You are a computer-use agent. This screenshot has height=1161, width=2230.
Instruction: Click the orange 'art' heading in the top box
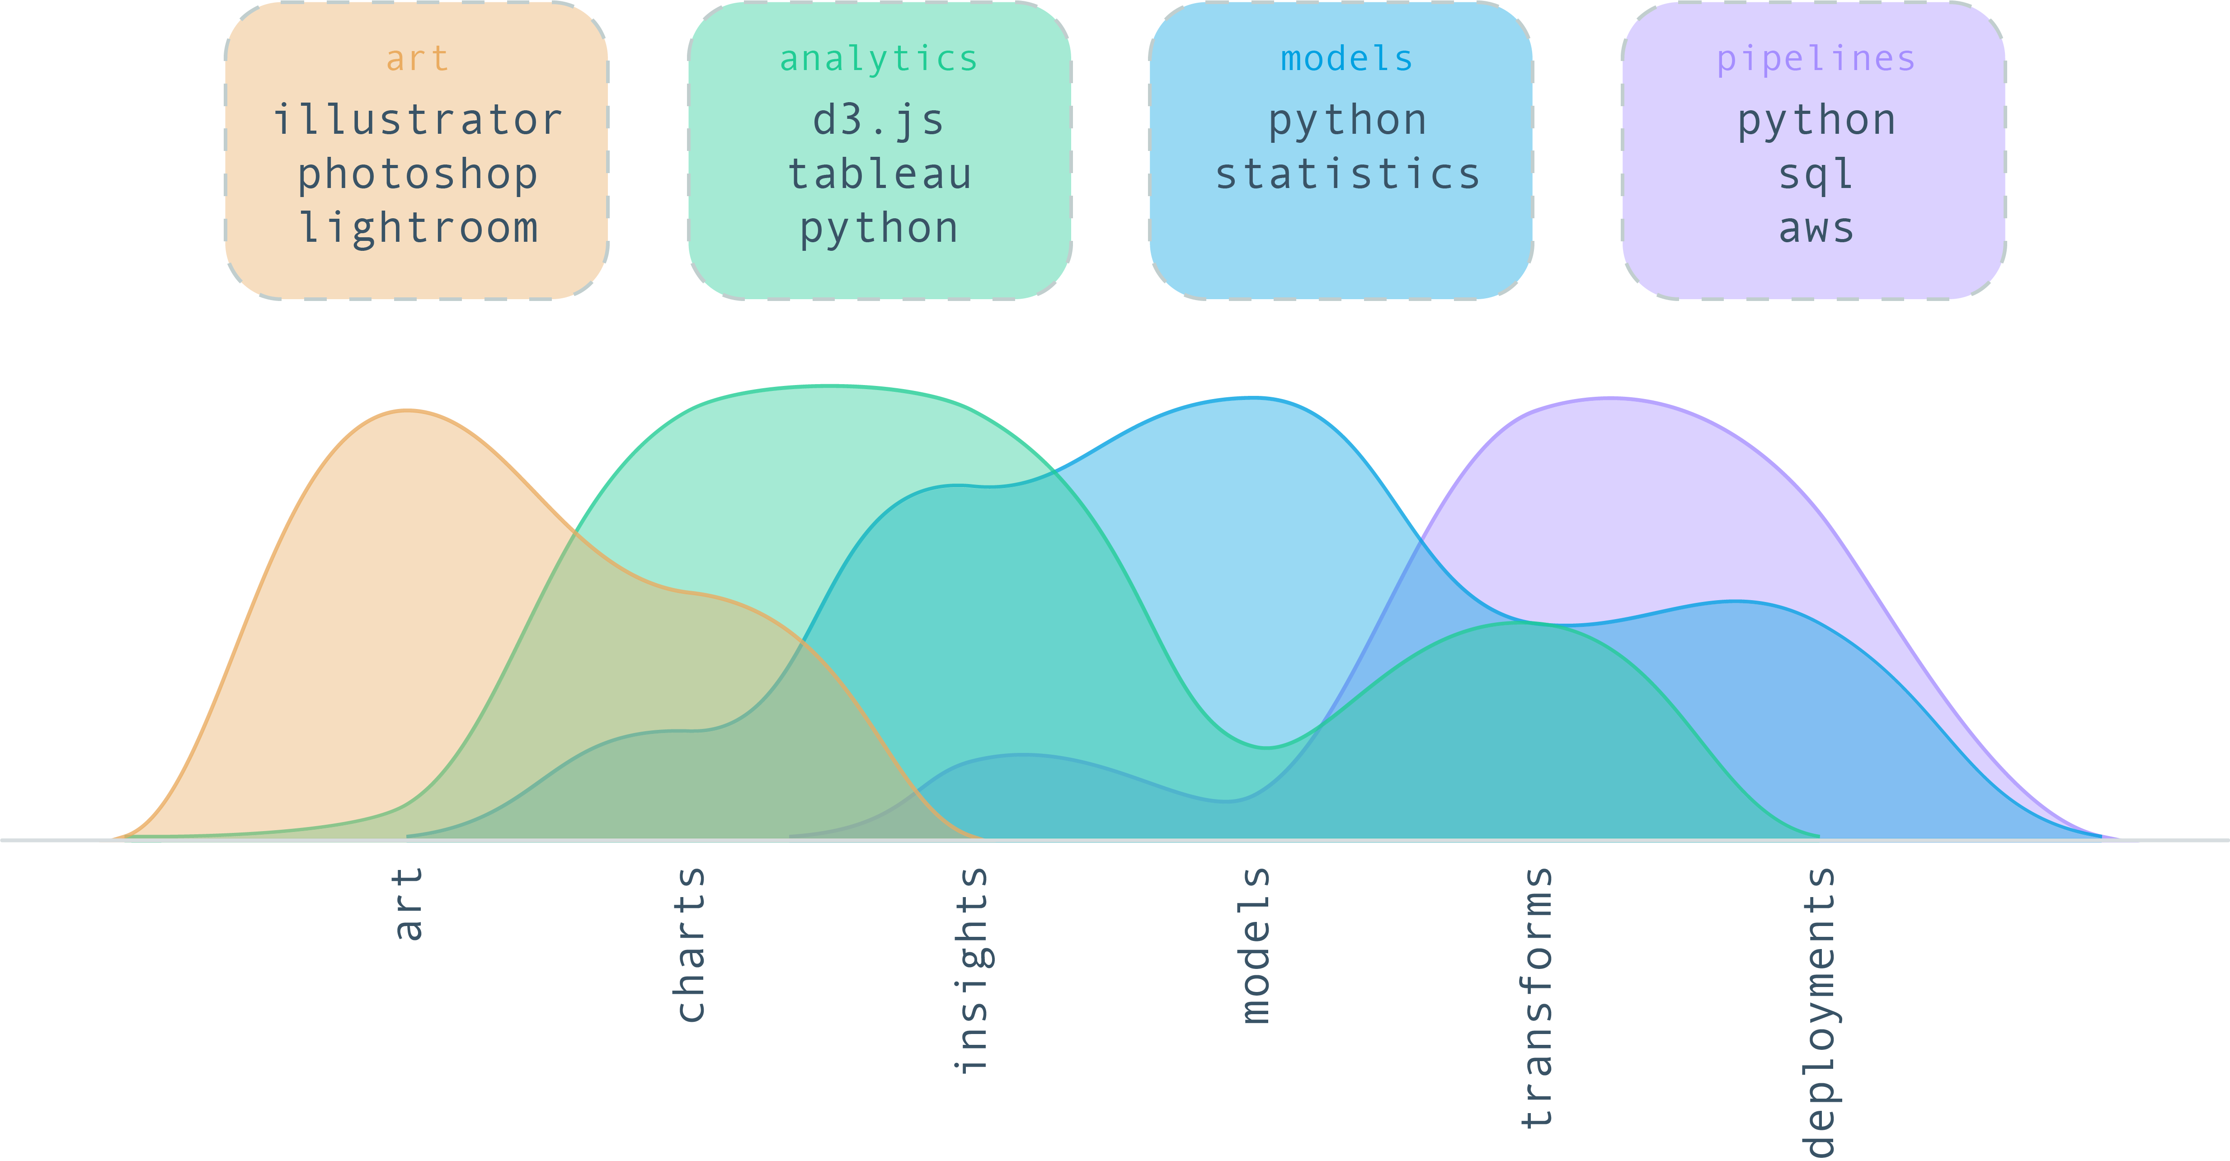417,59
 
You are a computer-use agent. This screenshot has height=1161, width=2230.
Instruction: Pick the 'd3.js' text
879,120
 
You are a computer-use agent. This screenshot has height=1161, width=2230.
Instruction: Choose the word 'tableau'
879,174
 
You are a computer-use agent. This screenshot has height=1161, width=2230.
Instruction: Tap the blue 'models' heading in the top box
1346,59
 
